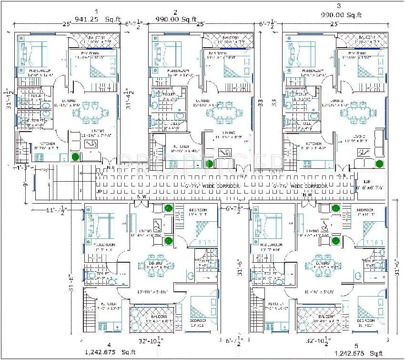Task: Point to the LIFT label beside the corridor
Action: (366, 182)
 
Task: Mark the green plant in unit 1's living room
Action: (75, 156)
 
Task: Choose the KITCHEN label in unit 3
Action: (314, 144)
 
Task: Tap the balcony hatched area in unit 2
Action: (228, 40)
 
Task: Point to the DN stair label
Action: (100, 175)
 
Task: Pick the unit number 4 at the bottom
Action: (109, 344)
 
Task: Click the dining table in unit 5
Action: (322, 267)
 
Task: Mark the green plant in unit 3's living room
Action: (379, 164)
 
